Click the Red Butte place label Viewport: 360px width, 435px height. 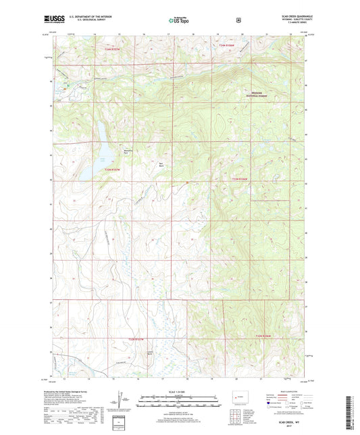click(160, 165)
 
